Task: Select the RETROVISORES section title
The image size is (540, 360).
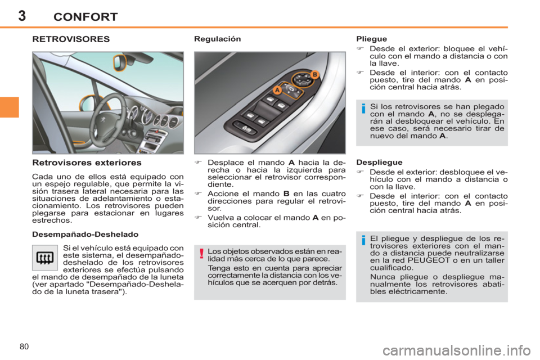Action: tap(71, 40)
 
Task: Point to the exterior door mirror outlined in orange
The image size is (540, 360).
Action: tap(86, 102)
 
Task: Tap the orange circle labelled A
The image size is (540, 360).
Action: tap(277, 90)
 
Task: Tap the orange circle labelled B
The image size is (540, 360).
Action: tap(314, 74)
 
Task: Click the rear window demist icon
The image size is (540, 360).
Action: tap(46, 259)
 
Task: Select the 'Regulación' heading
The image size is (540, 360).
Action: tap(217, 39)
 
